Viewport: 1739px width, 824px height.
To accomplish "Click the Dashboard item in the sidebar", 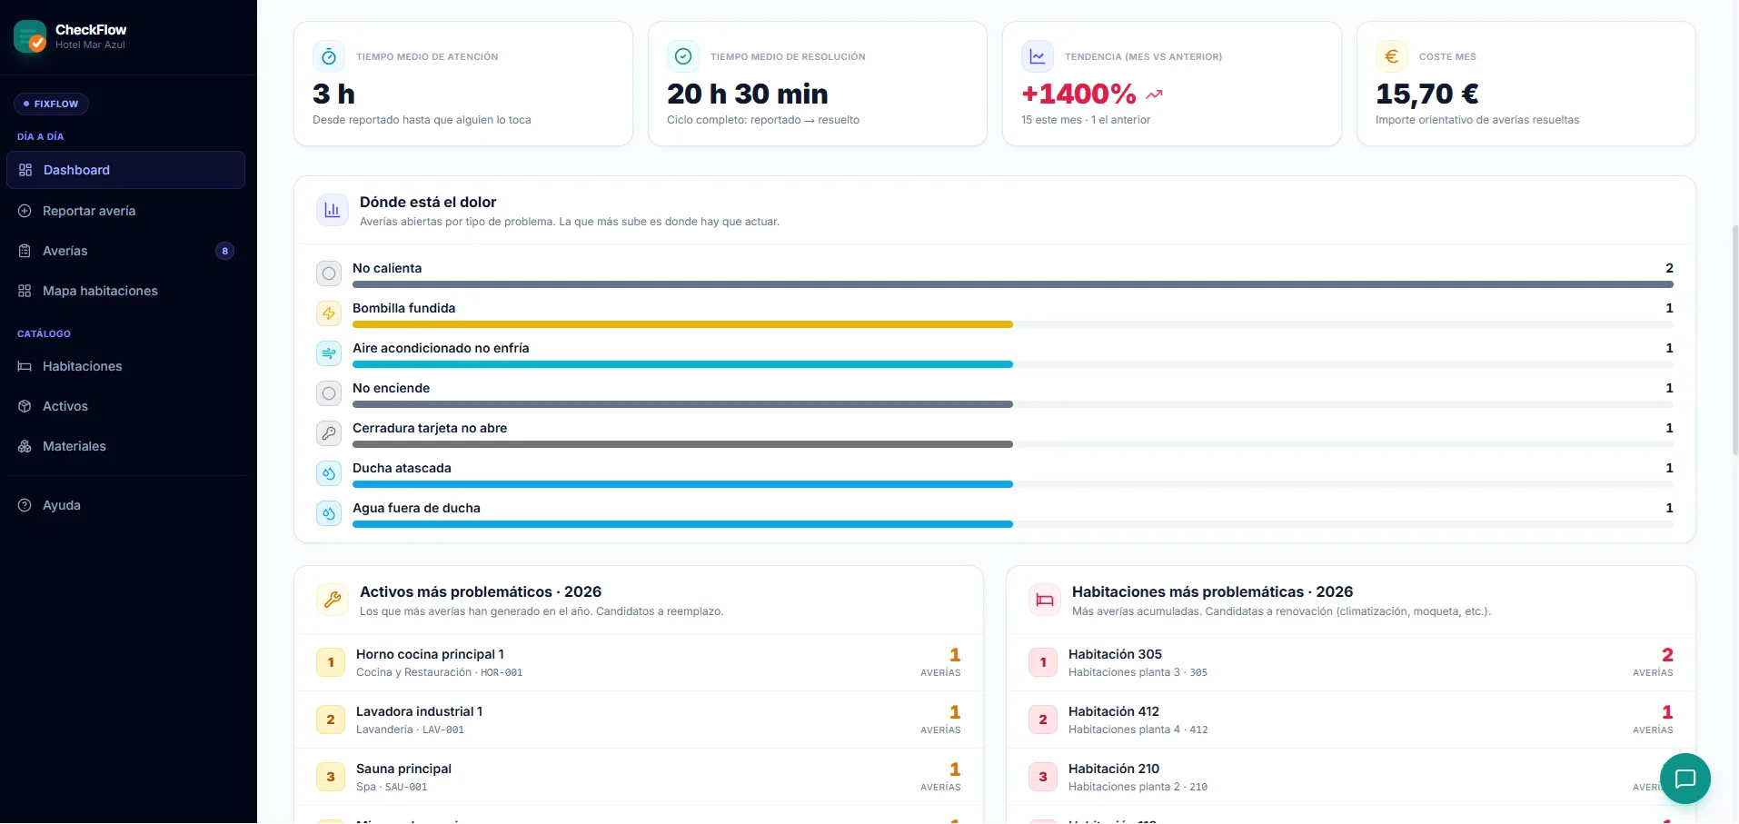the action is (125, 170).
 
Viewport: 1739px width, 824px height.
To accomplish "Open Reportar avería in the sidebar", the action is (89, 211).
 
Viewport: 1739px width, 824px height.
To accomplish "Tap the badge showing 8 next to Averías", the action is (224, 251).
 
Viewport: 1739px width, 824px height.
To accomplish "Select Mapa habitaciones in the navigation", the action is (100, 291).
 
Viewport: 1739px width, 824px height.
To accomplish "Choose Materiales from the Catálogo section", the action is (75, 446).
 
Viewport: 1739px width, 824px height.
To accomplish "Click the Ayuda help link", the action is (62, 505).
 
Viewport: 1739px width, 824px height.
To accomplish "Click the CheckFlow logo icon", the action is (30, 36).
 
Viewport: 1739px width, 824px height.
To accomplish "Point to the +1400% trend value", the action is (1078, 94).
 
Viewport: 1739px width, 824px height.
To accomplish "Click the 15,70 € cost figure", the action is (1426, 94).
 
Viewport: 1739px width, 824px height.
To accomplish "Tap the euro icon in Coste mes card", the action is (1391, 56).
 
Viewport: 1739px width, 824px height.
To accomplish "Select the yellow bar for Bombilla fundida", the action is (682, 324).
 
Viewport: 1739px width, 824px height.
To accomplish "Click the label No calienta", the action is (387, 268).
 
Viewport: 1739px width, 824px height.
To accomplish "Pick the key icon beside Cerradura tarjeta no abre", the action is (329, 433).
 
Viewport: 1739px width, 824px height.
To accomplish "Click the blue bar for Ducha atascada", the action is (682, 484).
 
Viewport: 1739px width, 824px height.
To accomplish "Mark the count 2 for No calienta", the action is (1669, 268).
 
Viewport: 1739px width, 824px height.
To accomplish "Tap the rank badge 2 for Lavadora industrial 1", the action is (331, 720).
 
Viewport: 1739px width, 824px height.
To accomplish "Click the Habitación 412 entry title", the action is (1114, 711).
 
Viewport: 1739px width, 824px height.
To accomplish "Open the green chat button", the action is (1685, 779).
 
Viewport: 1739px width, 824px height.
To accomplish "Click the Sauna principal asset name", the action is (403, 769).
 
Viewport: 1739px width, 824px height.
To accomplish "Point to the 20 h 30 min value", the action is (748, 94).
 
